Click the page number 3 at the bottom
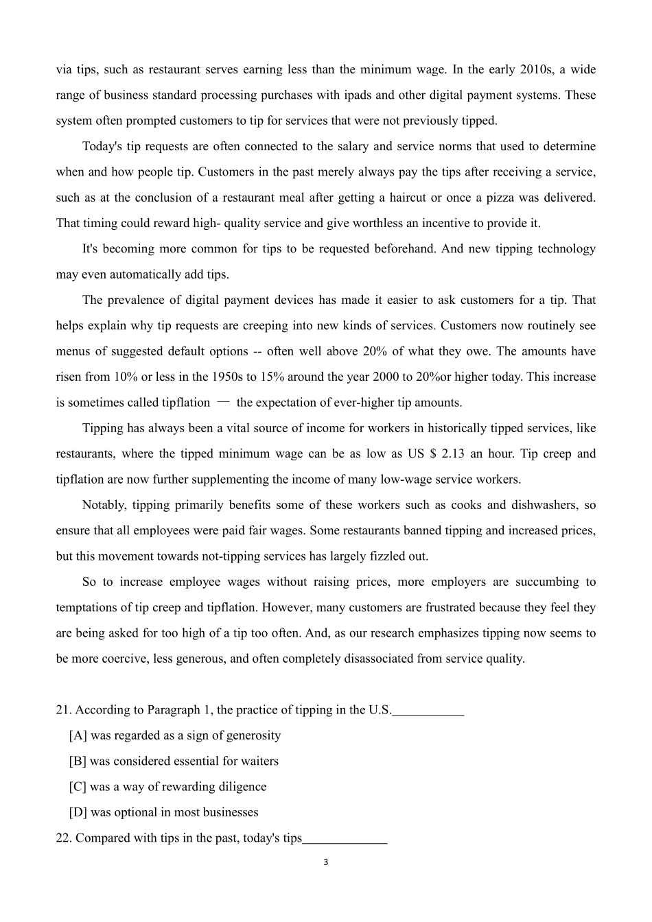[325, 862]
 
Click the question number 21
[64, 710]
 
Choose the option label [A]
[78, 735]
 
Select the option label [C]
[78, 787]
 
